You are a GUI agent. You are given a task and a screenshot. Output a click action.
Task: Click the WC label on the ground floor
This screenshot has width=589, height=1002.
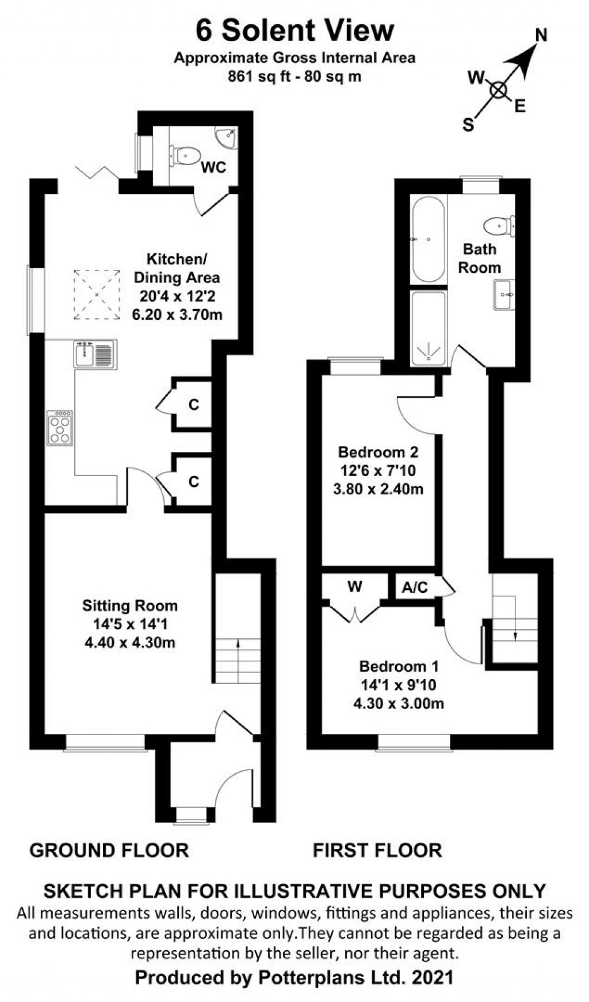(213, 168)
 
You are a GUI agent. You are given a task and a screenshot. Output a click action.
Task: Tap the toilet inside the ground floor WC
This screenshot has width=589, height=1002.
(185, 155)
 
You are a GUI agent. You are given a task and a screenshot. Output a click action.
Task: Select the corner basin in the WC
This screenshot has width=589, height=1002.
(227, 137)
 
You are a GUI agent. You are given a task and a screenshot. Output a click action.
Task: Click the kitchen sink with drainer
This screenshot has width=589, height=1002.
(95, 353)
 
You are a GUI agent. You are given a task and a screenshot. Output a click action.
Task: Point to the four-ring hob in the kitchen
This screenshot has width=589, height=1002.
(60, 428)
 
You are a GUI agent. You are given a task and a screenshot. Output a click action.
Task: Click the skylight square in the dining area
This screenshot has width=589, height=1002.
(97, 294)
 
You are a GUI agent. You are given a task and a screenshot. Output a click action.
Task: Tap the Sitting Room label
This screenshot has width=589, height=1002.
(130, 605)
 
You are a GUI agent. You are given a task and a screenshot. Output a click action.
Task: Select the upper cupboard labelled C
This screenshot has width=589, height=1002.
(194, 405)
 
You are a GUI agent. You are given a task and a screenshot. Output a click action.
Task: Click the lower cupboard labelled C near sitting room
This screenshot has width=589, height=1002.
(194, 481)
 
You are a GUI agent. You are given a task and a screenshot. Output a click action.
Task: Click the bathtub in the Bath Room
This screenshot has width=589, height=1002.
(428, 239)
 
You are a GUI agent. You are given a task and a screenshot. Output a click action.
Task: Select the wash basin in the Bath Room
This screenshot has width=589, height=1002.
(504, 295)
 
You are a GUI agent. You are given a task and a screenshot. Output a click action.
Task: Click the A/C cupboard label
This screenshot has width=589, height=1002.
(415, 587)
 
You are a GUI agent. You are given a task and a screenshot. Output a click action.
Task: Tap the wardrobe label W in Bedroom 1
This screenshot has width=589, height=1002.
(355, 586)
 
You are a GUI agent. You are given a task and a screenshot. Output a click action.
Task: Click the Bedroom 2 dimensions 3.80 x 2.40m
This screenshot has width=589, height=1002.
(378, 489)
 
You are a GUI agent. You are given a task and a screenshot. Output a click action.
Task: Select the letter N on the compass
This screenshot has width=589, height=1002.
(541, 36)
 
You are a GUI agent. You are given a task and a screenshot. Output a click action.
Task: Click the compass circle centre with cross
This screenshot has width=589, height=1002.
(498, 90)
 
